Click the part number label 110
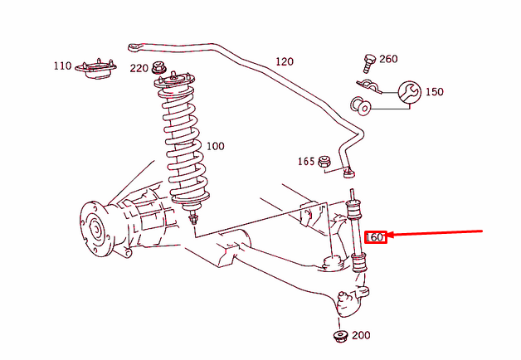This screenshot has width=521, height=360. [x=63, y=66]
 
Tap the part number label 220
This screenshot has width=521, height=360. [x=139, y=68]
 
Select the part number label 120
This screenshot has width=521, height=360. [x=285, y=61]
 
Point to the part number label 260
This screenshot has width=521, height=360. [x=388, y=59]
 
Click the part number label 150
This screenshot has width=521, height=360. [x=434, y=92]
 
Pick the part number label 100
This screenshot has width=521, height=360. [x=215, y=146]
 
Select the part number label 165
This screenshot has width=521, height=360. [x=306, y=161]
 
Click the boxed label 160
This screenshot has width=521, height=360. [x=375, y=237]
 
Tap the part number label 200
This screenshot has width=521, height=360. [x=361, y=336]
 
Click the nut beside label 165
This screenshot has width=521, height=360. [x=326, y=160]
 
